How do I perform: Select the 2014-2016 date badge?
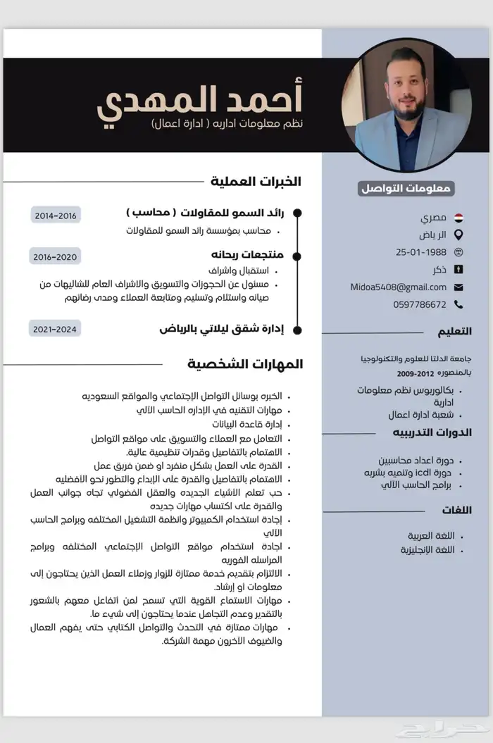pos(56,216)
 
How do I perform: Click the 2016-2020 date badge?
pos(55,256)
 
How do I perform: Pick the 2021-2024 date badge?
pos(55,328)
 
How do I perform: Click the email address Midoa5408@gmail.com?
pos(399,287)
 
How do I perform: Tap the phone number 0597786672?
pos(420,304)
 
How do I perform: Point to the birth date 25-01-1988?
pos(421,251)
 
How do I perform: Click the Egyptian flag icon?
pos(458,218)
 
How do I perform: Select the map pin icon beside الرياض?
pos(458,235)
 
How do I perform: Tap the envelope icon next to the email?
pos(458,287)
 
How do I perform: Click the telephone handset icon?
pos(458,304)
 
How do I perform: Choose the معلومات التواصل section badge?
pos(406,188)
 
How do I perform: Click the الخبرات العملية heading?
pos(256,182)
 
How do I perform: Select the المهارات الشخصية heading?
pos(246,364)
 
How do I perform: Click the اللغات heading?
pos(457,510)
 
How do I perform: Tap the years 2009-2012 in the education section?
pos(416,373)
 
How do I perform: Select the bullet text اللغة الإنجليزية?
pos(428,549)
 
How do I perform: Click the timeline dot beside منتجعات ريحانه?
pos(297,256)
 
